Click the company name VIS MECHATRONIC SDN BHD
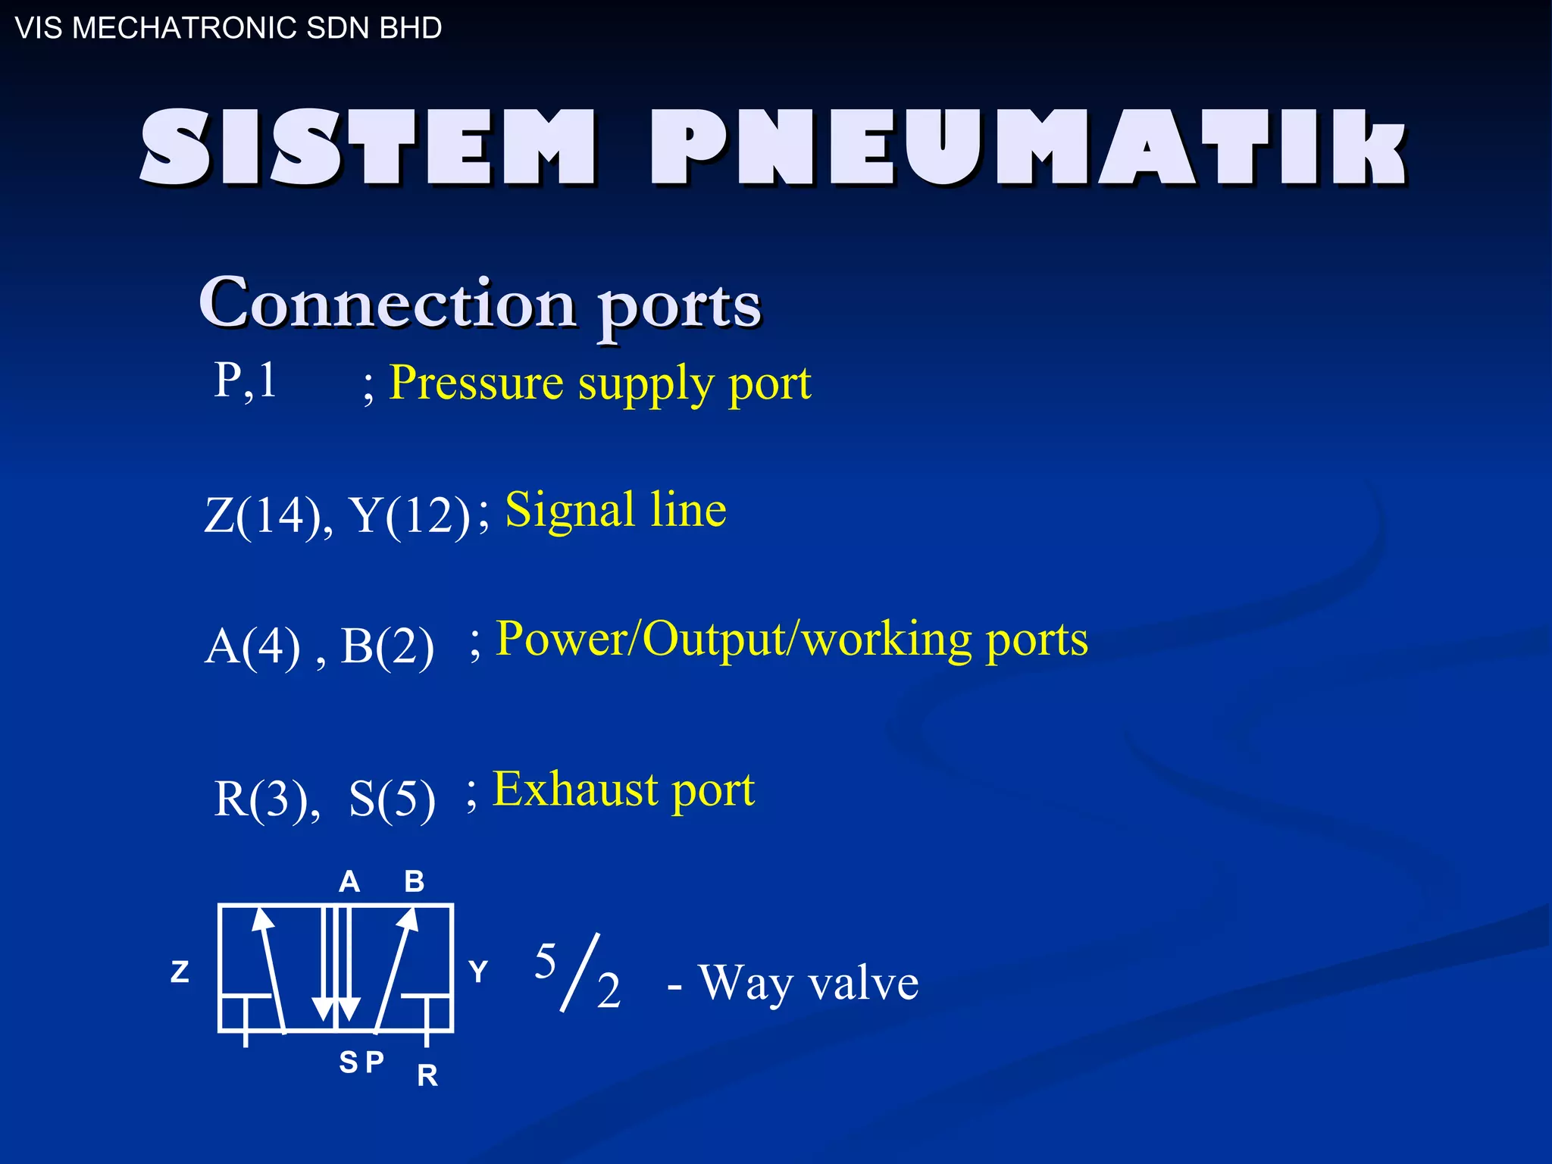[x=228, y=28]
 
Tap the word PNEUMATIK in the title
[x=1027, y=147]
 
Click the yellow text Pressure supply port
[x=599, y=383]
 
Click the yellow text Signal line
[x=615, y=510]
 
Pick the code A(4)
[x=253, y=646]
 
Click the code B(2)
[x=387, y=646]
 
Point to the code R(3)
[x=266, y=799]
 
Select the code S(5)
[x=392, y=799]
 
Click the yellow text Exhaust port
[x=624, y=790]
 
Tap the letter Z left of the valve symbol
[x=180, y=972]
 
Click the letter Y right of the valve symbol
[x=478, y=972]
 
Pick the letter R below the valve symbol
[x=427, y=1075]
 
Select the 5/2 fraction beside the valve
[x=577, y=975]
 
